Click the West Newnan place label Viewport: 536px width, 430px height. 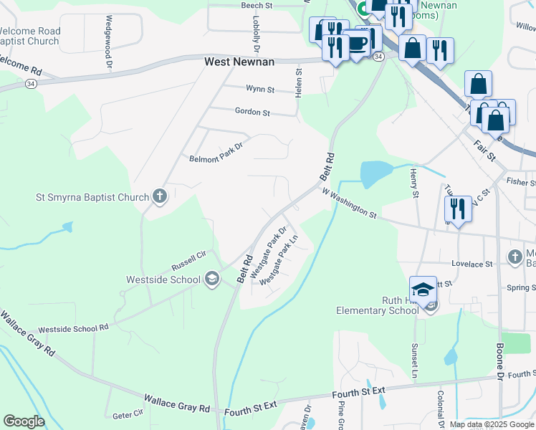tap(239, 62)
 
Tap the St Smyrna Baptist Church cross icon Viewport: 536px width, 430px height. tap(160, 196)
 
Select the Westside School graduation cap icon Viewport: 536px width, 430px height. tap(211, 278)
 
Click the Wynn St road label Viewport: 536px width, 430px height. tap(260, 90)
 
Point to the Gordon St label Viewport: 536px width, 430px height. tap(252, 113)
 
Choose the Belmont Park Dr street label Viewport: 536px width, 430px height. tap(216, 153)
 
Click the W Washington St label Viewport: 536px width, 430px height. tap(349, 203)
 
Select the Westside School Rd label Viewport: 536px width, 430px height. tap(73, 328)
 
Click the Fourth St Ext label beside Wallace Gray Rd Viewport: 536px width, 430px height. tap(250, 411)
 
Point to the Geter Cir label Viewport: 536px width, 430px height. tap(128, 415)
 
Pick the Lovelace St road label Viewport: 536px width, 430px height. tap(469, 264)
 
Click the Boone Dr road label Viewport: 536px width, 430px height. tap(499, 361)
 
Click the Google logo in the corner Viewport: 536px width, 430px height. tap(24, 421)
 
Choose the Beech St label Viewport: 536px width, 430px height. tap(257, 5)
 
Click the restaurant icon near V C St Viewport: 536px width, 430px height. tap(457, 209)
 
